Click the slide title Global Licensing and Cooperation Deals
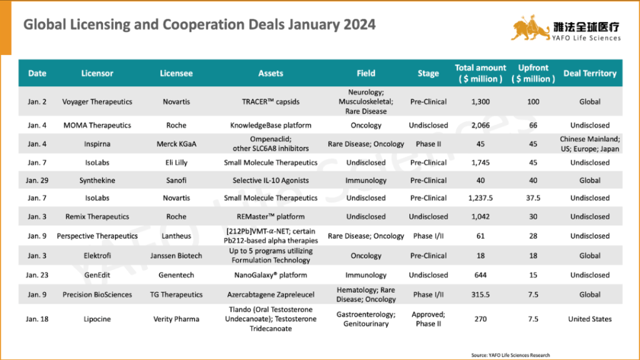pyautogui.click(x=199, y=25)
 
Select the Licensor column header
pyautogui.click(x=97, y=73)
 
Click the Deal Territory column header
pyautogui.click(x=589, y=73)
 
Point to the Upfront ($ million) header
pyautogui.click(x=533, y=73)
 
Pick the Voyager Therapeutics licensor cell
pyautogui.click(x=97, y=101)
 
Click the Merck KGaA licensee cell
pyautogui.click(x=177, y=144)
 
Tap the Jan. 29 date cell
pyautogui.click(x=37, y=180)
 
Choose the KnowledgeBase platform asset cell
pyautogui.click(x=271, y=125)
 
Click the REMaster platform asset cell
pyautogui.click(x=271, y=217)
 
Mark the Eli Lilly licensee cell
pyautogui.click(x=177, y=162)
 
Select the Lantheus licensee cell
pyautogui.click(x=177, y=236)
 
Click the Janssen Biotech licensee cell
pyautogui.click(x=177, y=256)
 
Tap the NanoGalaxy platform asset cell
pyautogui.click(x=271, y=275)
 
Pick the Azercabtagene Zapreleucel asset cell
pyautogui.click(x=271, y=294)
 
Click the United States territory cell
pyautogui.click(x=589, y=319)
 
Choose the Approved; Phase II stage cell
pyautogui.click(x=428, y=319)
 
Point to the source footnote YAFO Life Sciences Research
pyautogui.click(x=511, y=355)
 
